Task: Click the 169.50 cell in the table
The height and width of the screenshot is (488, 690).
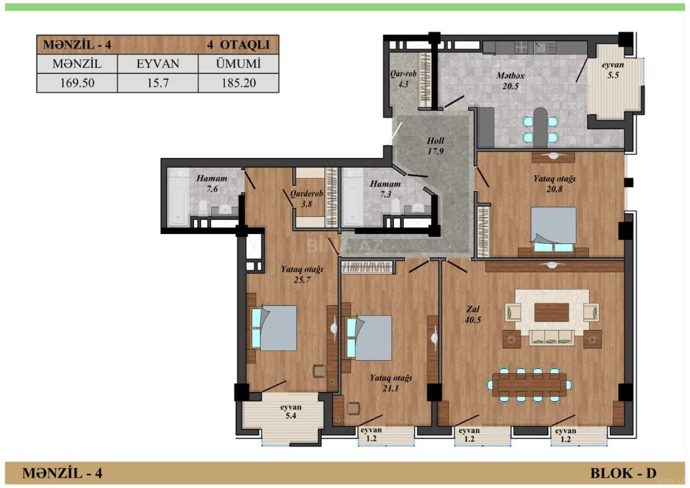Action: (x=77, y=83)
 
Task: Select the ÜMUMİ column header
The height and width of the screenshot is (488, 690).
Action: (x=238, y=64)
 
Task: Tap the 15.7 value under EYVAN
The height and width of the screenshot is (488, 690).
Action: (x=158, y=83)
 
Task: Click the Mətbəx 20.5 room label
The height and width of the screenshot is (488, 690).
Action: (x=511, y=81)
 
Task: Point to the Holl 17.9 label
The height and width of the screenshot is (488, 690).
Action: (x=435, y=146)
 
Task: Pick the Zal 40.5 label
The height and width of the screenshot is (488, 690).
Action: (x=473, y=314)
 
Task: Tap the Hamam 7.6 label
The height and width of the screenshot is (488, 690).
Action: (x=212, y=183)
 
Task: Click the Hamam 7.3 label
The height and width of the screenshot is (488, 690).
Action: (x=385, y=189)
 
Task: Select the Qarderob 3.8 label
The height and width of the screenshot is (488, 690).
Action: (x=307, y=199)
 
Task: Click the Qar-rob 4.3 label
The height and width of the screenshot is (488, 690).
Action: (x=403, y=79)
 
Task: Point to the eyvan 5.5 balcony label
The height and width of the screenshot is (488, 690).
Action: (x=613, y=70)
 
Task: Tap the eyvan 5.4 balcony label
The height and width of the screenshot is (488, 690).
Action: (x=291, y=411)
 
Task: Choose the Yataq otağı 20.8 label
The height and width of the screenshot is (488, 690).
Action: (x=555, y=184)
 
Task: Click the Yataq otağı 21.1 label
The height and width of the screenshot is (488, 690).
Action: (x=391, y=383)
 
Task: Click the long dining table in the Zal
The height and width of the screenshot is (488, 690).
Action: (x=529, y=385)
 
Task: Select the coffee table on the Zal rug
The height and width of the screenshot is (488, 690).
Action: (x=552, y=312)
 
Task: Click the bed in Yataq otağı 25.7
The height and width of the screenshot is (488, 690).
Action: (x=274, y=328)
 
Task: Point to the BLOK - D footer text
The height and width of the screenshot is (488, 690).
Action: (x=623, y=473)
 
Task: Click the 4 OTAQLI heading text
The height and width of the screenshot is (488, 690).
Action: (x=238, y=45)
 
